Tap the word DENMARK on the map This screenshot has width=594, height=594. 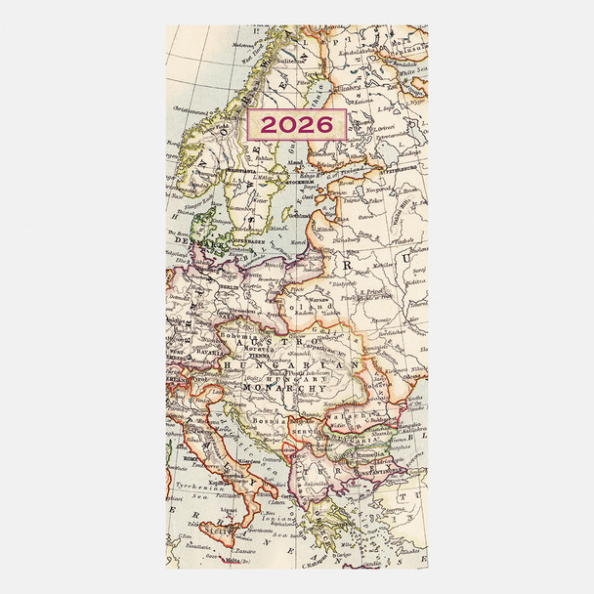[x=191, y=237]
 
